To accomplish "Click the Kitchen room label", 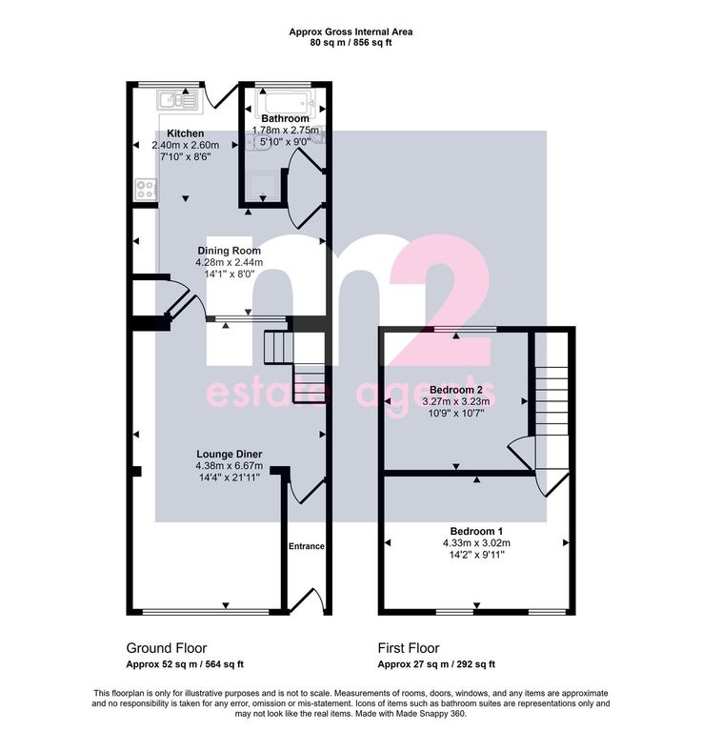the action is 185,133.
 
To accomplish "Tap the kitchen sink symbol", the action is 178,100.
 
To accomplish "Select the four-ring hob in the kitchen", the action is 146,190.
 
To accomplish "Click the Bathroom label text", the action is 285,118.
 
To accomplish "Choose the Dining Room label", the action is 229,251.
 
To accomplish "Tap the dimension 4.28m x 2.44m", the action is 229,262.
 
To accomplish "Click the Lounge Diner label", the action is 229,454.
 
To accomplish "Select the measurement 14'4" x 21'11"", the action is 229,478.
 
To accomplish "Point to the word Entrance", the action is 307,546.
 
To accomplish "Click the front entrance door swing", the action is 310,600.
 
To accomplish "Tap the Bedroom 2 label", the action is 455,390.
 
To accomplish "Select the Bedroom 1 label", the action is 476,531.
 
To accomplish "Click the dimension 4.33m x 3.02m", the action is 476,543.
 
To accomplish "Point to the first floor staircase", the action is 552,401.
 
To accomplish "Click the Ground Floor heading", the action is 167,648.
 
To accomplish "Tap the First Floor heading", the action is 409,648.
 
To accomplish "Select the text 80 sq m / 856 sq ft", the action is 351,43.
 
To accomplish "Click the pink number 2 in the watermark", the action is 441,298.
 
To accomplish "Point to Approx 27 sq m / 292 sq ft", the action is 436,664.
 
